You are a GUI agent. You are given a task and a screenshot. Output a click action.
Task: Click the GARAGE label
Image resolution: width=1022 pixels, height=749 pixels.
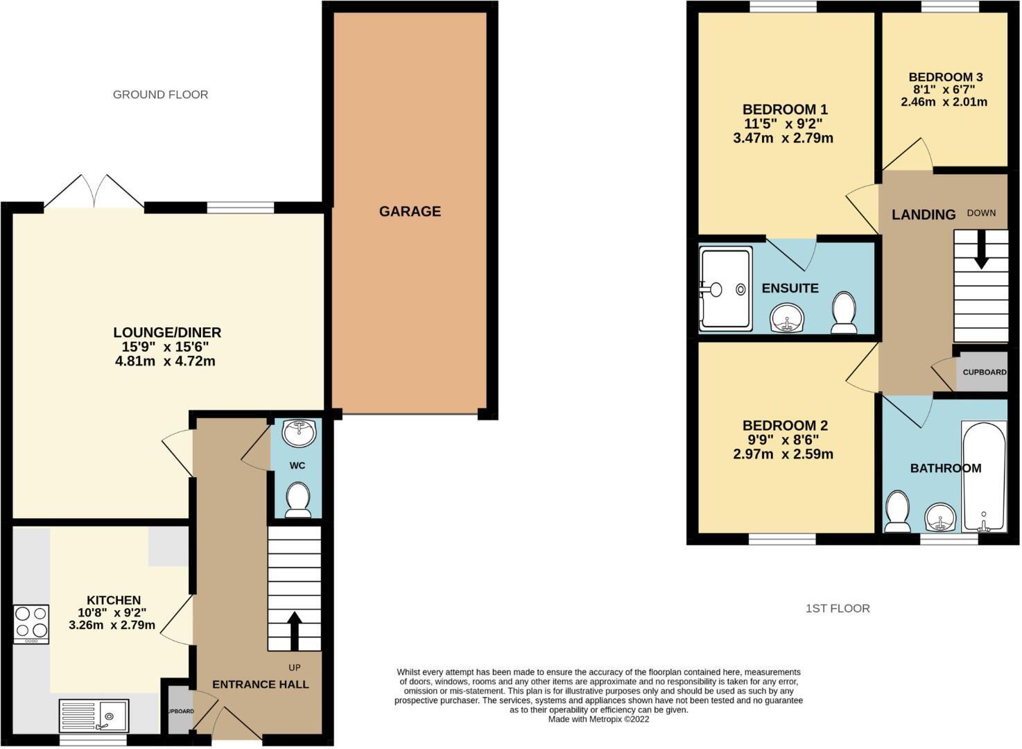tap(410, 212)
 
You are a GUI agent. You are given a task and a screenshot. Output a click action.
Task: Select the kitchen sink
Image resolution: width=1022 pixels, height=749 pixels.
tap(94, 715)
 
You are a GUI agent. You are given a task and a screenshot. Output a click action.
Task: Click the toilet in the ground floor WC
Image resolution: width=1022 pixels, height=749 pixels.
tap(298, 499)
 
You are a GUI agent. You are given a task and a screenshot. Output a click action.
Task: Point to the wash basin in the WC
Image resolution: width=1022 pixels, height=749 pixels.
tap(299, 433)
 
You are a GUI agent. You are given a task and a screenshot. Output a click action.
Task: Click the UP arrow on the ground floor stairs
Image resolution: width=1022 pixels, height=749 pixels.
tap(295, 631)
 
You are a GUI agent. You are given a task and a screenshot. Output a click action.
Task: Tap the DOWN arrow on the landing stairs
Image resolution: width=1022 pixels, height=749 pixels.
tap(981, 251)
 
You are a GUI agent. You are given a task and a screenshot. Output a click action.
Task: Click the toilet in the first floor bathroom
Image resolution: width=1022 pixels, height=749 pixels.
tap(897, 511)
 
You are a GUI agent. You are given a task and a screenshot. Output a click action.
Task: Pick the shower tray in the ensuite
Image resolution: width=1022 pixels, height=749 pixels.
tap(725, 288)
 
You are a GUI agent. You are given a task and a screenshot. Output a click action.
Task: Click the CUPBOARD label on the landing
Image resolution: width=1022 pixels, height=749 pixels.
tap(984, 372)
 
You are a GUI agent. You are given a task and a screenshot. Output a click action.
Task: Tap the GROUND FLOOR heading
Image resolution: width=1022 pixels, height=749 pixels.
tap(160, 94)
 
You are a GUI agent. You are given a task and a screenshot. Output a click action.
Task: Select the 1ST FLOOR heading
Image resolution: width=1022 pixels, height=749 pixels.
tap(838, 608)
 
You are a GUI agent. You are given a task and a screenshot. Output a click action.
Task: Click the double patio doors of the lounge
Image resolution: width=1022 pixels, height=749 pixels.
tap(94, 191)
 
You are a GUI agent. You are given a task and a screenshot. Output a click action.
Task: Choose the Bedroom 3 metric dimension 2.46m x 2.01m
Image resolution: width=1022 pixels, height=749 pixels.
tap(944, 102)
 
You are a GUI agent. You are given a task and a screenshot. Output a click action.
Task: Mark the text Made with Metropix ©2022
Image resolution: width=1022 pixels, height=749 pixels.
tap(598, 719)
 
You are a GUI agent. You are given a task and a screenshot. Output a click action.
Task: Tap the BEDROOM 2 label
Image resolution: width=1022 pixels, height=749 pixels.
tap(785, 425)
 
